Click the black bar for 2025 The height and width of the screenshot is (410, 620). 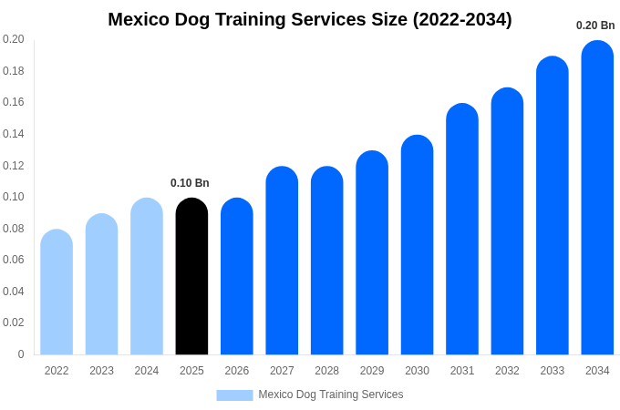(191, 277)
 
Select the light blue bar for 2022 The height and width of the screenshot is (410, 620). (57, 292)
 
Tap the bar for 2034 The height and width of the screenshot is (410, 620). (597, 198)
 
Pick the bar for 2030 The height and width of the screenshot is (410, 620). (417, 245)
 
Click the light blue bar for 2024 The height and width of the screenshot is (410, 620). (147, 277)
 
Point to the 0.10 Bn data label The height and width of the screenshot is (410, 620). (190, 183)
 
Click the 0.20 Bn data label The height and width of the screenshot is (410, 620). (595, 26)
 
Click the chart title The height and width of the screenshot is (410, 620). (310, 19)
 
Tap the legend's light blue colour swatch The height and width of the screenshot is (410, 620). (234, 395)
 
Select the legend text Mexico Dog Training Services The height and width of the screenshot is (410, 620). (330, 395)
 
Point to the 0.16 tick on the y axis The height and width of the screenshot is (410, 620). (14, 102)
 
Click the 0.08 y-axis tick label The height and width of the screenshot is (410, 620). (14, 229)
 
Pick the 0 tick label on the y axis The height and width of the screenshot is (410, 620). (21, 354)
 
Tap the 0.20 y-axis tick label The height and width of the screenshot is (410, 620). (14, 39)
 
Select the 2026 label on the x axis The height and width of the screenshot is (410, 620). (237, 371)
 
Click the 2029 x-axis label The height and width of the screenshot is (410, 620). (372, 371)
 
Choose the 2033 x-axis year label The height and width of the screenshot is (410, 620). (553, 371)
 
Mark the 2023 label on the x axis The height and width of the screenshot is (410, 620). (101, 371)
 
